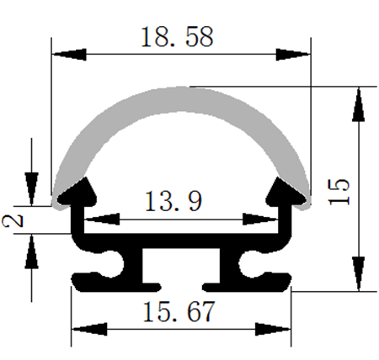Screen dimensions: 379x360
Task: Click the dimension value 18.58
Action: pos(177,37)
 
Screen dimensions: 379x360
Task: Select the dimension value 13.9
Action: pos(173,201)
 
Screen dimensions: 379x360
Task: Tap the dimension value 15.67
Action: pos(179,311)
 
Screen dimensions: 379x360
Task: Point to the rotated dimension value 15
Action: pos(339,192)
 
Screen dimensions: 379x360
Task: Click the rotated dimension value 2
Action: pos(13,220)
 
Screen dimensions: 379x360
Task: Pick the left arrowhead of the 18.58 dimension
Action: pos(69,55)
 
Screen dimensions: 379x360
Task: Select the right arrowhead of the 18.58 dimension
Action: pos(293,55)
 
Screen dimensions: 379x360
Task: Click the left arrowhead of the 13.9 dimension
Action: pos(102,220)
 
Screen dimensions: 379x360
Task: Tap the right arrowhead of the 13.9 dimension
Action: pos(260,220)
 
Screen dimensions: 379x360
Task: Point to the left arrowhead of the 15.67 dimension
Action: pos(89,329)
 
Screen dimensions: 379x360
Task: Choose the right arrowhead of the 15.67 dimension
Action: pos(273,329)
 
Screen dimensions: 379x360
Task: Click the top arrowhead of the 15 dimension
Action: pos(359,104)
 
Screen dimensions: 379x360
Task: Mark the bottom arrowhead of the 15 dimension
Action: pos(359,274)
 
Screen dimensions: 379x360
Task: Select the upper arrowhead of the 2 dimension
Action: pos(31,189)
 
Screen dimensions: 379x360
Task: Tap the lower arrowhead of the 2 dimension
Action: pos(31,251)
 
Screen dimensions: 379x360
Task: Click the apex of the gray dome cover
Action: pos(181,87)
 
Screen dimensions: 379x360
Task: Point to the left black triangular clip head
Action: pos(77,192)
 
